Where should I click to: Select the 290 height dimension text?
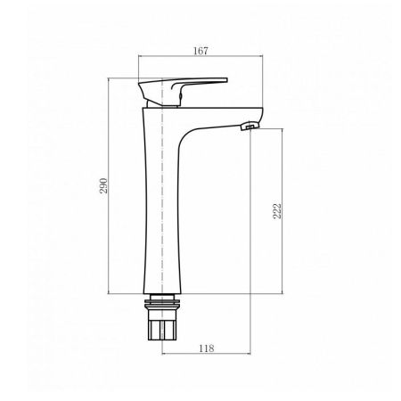102,185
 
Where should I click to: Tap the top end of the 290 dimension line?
111,78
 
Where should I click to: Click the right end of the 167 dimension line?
264,61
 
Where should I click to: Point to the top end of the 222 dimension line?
285,128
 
